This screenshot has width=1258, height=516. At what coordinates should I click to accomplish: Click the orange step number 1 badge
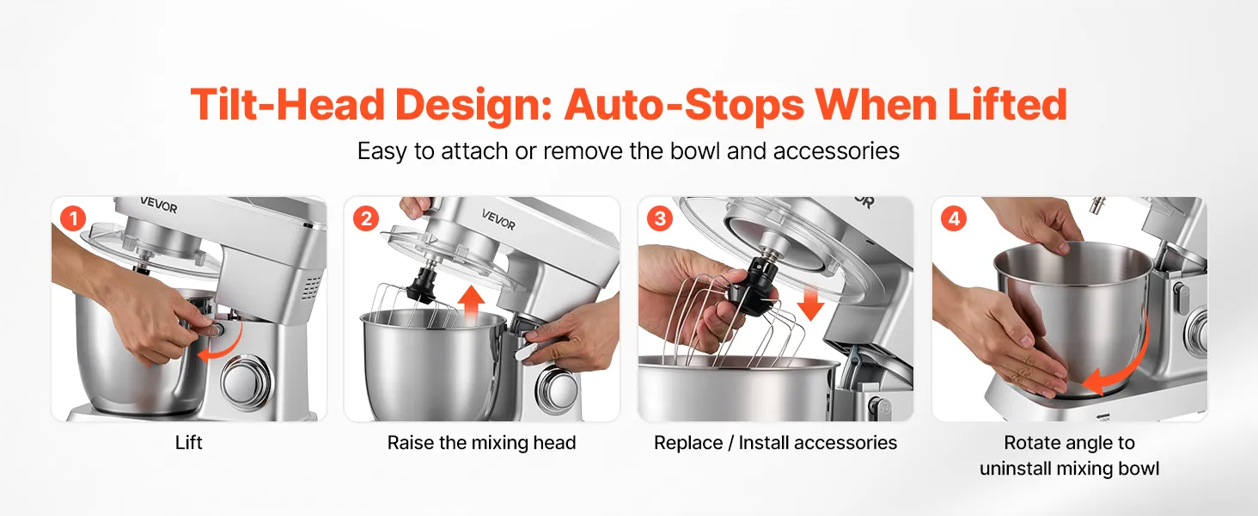[x=73, y=218]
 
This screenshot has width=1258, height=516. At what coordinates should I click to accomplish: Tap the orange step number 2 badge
[x=366, y=218]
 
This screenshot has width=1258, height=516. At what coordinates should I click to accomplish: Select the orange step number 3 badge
[x=660, y=218]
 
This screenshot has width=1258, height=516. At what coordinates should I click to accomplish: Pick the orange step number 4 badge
[x=954, y=218]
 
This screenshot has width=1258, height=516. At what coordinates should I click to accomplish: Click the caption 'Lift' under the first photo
[x=189, y=443]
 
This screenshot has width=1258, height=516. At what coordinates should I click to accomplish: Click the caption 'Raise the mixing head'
[x=481, y=443]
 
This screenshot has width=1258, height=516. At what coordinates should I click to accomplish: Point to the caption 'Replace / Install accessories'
[x=775, y=443]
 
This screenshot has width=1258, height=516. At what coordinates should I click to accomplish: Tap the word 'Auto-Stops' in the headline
[x=685, y=105]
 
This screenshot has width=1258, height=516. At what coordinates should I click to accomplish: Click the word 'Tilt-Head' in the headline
[x=288, y=105]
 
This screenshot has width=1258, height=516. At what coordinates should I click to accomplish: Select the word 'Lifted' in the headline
[x=1008, y=105]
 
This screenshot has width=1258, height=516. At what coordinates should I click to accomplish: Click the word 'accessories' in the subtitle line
[x=836, y=151]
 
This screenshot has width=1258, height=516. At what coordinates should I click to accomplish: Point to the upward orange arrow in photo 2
[x=471, y=304]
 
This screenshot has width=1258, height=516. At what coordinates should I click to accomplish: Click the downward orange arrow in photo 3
[x=810, y=303]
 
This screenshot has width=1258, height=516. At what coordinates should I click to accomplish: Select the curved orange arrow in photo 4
[x=1129, y=365]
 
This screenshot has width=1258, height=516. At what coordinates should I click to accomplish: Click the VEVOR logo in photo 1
[x=158, y=206]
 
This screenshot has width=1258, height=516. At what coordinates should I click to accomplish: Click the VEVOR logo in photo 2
[x=498, y=219]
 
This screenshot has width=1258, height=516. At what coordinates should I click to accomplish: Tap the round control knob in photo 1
[x=247, y=382]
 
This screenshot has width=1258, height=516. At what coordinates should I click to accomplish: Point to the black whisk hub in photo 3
[x=753, y=290]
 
